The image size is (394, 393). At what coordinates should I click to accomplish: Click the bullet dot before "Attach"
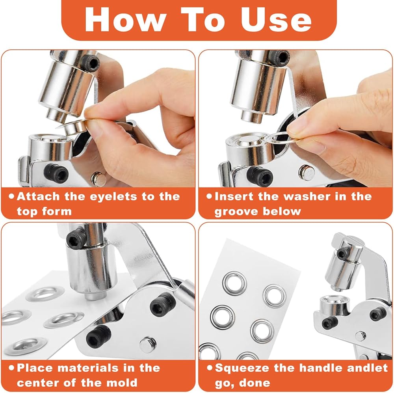[11, 196]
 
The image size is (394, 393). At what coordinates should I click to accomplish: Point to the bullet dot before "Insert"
[209, 196]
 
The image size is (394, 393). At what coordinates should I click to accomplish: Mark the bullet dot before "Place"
[11, 368]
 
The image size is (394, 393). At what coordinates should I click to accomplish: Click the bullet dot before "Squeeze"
[210, 368]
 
